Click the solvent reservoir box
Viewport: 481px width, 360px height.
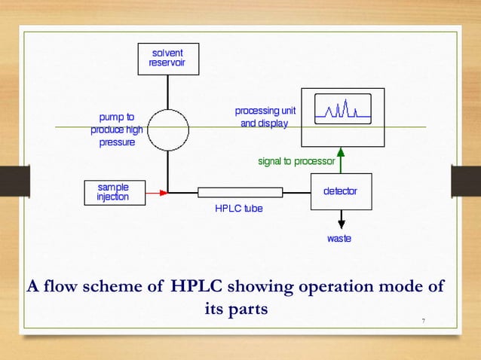(167, 59)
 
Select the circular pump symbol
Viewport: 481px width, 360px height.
(167, 129)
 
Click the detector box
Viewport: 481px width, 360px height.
(341, 191)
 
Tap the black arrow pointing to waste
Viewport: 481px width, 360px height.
(341, 219)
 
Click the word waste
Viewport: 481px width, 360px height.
(339, 239)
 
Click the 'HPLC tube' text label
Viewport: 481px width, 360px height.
(239, 209)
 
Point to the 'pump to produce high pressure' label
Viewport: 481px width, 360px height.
(117, 130)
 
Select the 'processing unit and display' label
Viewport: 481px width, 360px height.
(265, 117)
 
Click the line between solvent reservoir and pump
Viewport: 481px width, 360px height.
(167, 90)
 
